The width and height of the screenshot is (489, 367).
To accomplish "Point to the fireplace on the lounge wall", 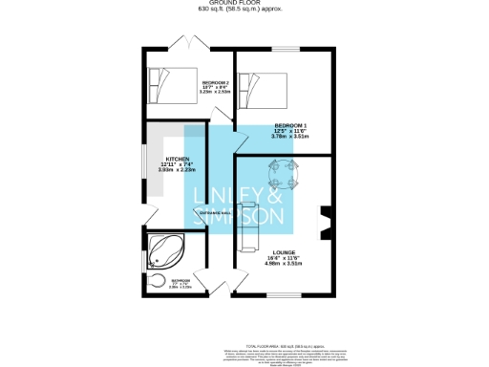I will tap(323, 224).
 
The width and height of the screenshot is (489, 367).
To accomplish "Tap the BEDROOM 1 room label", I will tap(291, 125).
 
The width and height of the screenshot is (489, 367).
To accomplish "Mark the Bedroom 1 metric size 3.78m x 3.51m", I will tap(291, 138).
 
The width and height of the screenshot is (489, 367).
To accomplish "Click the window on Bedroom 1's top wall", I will tap(284, 47).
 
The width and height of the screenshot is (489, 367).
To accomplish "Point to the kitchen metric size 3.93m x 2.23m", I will tap(179, 170).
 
